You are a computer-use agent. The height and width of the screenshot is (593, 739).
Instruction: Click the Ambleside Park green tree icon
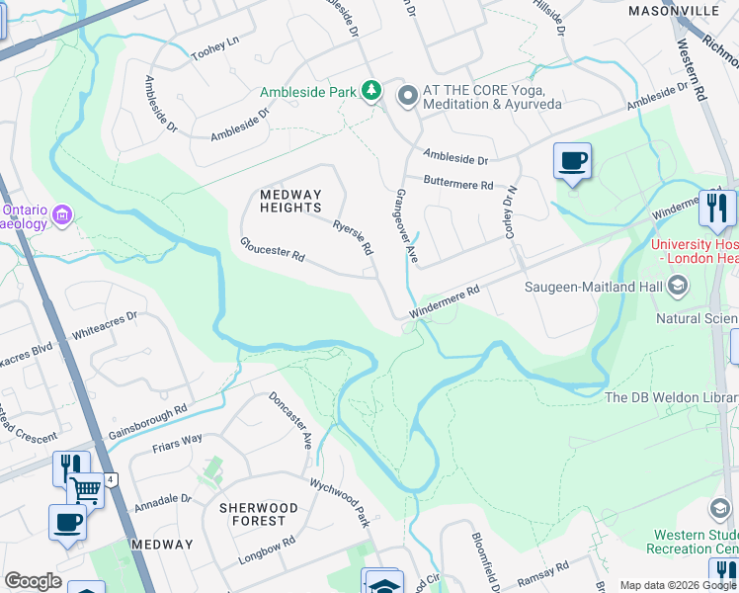pyautogui.click(x=370, y=92)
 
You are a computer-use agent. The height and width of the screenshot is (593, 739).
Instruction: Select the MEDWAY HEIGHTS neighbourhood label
pyautogui.click(x=290, y=202)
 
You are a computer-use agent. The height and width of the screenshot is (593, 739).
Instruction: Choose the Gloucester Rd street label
pyautogui.click(x=272, y=249)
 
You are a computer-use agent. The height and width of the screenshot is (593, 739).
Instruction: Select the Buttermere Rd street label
pyautogui.click(x=457, y=183)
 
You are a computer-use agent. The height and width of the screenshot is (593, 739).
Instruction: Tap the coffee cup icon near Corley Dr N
pyautogui.click(x=572, y=160)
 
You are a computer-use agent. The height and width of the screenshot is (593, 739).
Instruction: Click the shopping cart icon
pyautogui.click(x=86, y=488)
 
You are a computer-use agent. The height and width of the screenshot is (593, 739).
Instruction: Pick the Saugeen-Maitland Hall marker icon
pyautogui.click(x=678, y=287)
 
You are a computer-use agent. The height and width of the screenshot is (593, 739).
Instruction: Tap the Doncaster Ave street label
pyautogui.click(x=290, y=421)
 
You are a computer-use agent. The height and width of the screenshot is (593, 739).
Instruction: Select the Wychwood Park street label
pyautogui.click(x=339, y=503)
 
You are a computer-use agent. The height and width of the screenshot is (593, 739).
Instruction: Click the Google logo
pyautogui.click(x=33, y=581)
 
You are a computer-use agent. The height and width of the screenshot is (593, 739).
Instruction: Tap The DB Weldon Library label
pyautogui.click(x=670, y=397)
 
